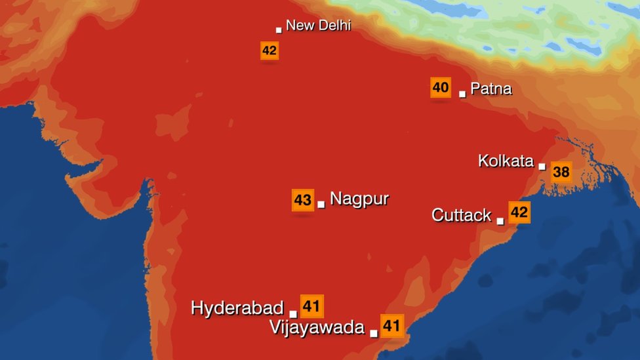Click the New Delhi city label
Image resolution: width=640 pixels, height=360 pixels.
318,26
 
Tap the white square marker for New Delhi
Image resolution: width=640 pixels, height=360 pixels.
279,30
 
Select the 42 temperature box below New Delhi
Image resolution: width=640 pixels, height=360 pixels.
270,50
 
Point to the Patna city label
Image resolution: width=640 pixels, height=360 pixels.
491,89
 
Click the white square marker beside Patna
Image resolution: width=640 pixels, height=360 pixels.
462,94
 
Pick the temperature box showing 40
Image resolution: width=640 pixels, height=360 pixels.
441,87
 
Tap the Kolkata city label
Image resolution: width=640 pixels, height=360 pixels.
506,161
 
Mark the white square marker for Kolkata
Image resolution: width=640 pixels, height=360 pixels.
542,167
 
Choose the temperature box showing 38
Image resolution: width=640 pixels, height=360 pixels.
561,172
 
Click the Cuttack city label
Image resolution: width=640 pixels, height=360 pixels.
461,215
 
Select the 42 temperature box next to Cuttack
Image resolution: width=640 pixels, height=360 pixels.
519,212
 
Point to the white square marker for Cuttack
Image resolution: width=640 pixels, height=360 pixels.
500,221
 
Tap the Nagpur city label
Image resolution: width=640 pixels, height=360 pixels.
359,199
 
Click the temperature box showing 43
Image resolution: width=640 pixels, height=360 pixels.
302,200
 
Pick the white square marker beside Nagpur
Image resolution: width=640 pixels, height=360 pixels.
321,205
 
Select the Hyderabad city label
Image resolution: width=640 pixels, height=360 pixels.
237,308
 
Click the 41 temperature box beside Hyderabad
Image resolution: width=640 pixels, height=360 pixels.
311,306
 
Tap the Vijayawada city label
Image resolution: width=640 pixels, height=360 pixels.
317,328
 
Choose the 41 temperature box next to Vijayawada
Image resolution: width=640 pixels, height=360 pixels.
391,325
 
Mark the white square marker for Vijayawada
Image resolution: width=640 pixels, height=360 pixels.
374,333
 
